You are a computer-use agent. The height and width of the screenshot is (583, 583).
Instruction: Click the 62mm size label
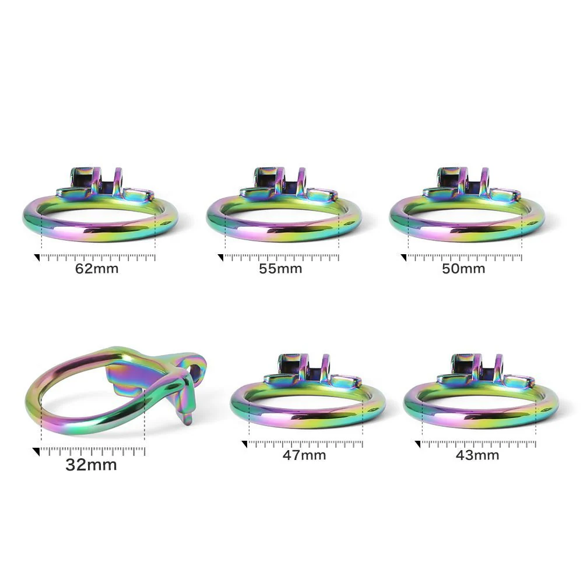tap(97, 268)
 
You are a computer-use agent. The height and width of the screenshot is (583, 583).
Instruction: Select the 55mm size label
tap(280, 268)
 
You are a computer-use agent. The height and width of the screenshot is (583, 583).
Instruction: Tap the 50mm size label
tap(463, 268)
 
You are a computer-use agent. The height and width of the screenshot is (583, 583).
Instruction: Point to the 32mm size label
tap(91, 465)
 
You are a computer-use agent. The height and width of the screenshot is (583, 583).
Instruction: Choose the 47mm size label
tap(304, 455)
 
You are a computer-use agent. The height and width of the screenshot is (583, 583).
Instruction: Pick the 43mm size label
tap(477, 455)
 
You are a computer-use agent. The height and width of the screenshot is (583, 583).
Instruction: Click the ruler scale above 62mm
tap(98, 257)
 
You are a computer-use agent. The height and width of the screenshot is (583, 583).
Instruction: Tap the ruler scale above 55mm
tap(282, 257)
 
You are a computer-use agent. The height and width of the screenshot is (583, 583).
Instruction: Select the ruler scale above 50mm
tap(465, 257)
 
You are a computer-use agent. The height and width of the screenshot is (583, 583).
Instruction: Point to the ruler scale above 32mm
tap(93, 451)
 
